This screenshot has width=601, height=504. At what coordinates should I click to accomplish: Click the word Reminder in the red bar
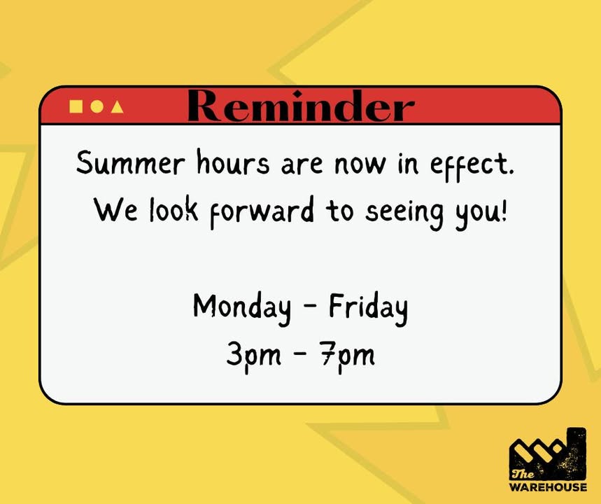click(x=301, y=106)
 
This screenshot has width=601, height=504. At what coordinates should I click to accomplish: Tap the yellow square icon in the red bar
click(x=76, y=106)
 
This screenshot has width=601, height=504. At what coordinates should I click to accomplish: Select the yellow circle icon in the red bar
click(x=97, y=106)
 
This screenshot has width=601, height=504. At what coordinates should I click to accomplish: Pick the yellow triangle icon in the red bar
click(x=118, y=106)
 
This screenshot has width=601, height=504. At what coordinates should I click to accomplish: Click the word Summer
click(x=131, y=163)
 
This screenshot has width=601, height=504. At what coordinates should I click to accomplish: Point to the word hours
click(x=233, y=162)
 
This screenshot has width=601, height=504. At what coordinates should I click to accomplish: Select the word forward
click(x=262, y=212)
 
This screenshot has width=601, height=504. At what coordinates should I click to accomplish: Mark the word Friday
click(x=368, y=308)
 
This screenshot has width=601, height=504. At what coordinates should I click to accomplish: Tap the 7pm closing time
click(x=348, y=357)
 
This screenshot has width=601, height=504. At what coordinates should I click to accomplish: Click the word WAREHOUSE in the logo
click(x=548, y=487)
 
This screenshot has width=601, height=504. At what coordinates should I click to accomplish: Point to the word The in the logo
click(x=523, y=474)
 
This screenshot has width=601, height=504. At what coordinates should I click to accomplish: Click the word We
click(x=115, y=210)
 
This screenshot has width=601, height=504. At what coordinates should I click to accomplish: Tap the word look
click(x=174, y=209)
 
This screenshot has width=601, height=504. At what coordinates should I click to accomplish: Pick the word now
click(x=360, y=164)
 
